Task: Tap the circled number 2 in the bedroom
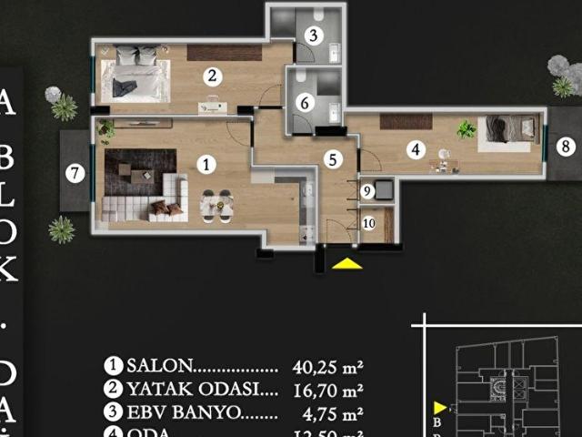(x=211, y=76)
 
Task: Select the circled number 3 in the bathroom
(x=312, y=36)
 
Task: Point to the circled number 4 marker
(x=416, y=149)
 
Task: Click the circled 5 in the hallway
(x=333, y=159)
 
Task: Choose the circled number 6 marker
(x=305, y=103)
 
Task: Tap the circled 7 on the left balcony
(x=75, y=172)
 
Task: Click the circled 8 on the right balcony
(x=565, y=146)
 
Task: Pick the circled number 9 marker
(x=367, y=191)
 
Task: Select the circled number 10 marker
(x=368, y=222)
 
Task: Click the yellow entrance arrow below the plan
(x=346, y=264)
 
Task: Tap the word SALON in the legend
(x=160, y=366)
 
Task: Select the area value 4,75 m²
(x=331, y=412)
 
